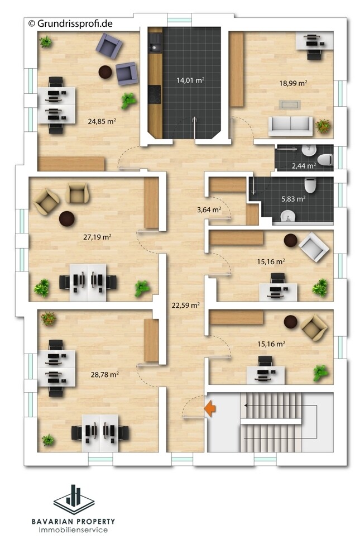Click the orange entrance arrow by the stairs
click(210, 408)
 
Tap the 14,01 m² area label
click(190, 80)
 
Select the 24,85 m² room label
click(102, 121)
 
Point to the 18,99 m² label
click(293, 83)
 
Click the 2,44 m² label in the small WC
click(304, 165)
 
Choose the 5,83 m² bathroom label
click(294, 199)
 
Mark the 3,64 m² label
click(209, 209)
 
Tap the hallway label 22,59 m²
click(186, 305)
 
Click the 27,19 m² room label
click(97, 237)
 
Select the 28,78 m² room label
click(104, 374)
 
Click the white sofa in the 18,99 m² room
click(290, 126)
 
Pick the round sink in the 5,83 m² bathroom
click(288, 216)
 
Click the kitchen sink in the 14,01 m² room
click(155, 42)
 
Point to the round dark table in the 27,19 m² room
click(66, 218)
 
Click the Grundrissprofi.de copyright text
click(70, 23)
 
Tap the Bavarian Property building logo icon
click(74, 499)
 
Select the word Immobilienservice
click(73, 530)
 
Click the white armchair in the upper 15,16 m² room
click(314, 247)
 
